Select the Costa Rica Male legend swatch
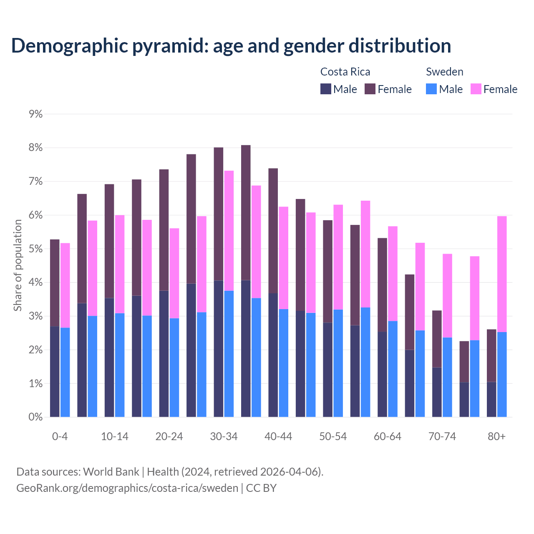coord(325,89)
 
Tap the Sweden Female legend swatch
coord(476,89)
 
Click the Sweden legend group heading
coord(444,72)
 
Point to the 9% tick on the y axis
coord(36,114)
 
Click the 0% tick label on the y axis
coord(36,417)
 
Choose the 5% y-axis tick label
coord(36,249)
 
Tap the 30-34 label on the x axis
coord(224,436)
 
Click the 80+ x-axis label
coord(496,436)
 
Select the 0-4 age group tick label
coord(60,436)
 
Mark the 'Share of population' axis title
coord(18,265)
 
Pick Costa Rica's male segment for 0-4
coord(55,371)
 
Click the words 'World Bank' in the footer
coord(111,472)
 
